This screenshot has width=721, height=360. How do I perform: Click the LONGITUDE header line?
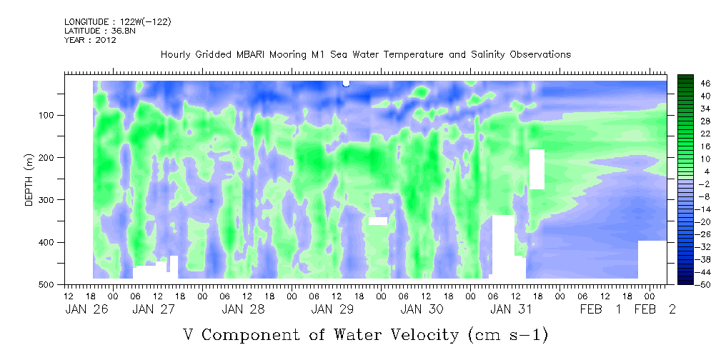[117, 22]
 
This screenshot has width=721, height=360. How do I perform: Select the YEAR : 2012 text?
[90, 40]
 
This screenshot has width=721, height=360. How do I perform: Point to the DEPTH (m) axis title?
[29, 183]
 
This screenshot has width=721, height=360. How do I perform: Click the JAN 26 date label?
[88, 309]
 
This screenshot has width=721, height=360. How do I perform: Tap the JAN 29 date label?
[334, 309]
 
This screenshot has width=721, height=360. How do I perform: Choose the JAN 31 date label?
[512, 309]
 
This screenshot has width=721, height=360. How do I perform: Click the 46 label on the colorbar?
[705, 83]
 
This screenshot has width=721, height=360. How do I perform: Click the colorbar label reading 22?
[705, 135]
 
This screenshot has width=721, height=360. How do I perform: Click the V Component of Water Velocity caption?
[365, 334]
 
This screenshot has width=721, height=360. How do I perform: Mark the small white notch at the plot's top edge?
[346, 83]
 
